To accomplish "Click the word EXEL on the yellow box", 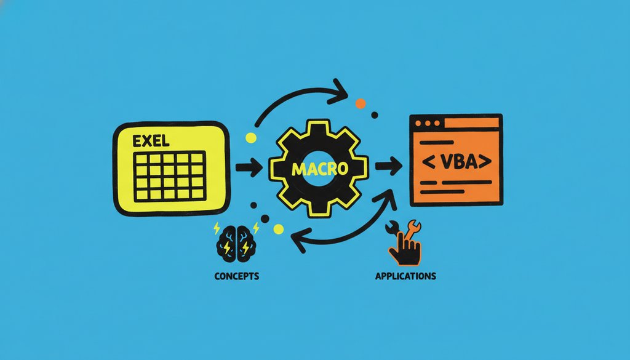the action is click(x=151, y=141).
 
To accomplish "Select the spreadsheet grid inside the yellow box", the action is click(x=170, y=176).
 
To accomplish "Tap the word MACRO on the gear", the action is click(x=320, y=169).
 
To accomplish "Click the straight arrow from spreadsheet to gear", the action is click(x=249, y=167).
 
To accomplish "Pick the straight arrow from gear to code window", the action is click(x=389, y=166).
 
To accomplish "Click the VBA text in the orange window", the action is click(x=457, y=161).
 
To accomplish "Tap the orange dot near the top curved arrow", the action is click(x=361, y=103).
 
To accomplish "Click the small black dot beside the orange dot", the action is click(x=375, y=115).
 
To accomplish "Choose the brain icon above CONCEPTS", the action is click(x=236, y=244).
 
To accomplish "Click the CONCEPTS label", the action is click(x=237, y=276).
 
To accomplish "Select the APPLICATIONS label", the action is click(x=405, y=276).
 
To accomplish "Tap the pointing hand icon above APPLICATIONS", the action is click(x=405, y=249).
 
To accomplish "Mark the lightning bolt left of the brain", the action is click(x=217, y=228).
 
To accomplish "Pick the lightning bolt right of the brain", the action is click(x=255, y=228).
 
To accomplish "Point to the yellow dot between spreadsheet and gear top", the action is click(x=251, y=138).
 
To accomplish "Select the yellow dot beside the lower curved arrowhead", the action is click(x=279, y=229).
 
